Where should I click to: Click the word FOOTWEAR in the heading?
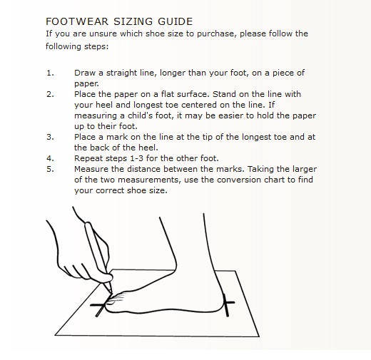point(77,21)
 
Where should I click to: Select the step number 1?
point(50,73)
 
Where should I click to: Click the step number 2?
point(50,94)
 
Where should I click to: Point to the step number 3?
point(50,137)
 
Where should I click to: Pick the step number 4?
point(50,158)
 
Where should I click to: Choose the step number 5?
point(50,169)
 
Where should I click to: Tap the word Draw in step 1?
point(85,73)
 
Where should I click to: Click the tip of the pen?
point(111,294)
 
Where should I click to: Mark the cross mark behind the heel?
point(228,305)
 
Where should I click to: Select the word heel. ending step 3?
point(148,148)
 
